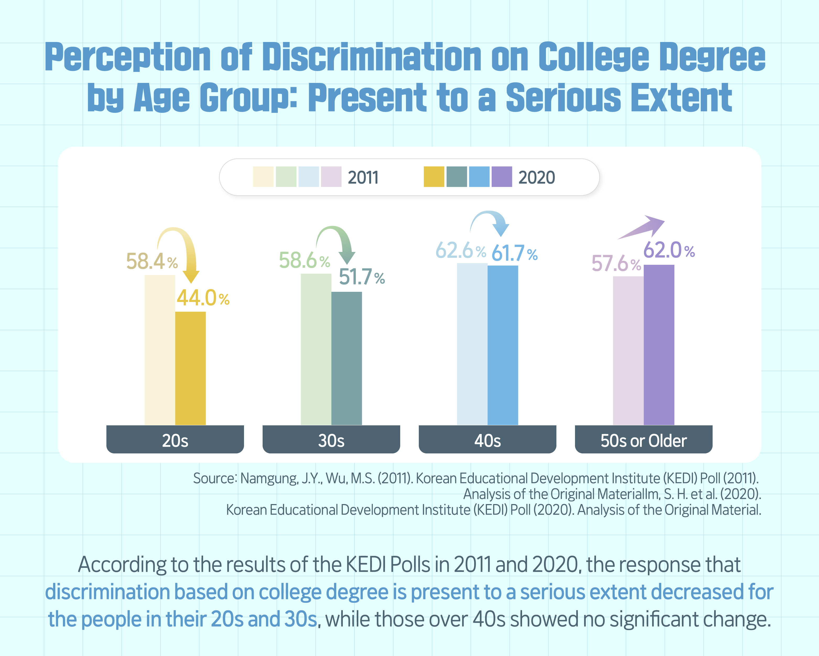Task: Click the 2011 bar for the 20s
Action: pos(160,350)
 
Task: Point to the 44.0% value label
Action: pos(203,298)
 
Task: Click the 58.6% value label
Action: pos(304,261)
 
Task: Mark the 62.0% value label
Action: pos(669,250)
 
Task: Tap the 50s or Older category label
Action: pos(643,440)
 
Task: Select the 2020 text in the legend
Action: pos(536,178)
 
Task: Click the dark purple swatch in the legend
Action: pos(501,177)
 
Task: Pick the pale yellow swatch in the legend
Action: pos(263,177)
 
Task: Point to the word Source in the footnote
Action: pos(215,478)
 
